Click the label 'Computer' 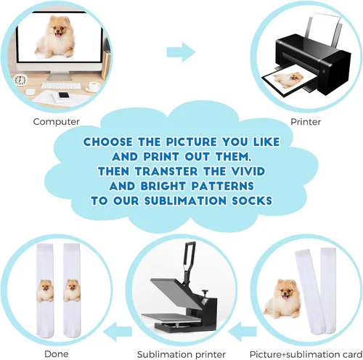56,122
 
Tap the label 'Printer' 306,122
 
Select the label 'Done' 57,354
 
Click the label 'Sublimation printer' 181,354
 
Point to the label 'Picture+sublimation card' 306,354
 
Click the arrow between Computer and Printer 181,52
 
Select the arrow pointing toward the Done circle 118,331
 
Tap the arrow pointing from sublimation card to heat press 242,331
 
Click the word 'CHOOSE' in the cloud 108,142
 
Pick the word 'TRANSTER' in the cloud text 166,171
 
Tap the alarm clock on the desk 20,80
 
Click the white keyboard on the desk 60,86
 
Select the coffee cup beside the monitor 94,86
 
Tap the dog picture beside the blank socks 282,298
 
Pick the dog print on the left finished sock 45,290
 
